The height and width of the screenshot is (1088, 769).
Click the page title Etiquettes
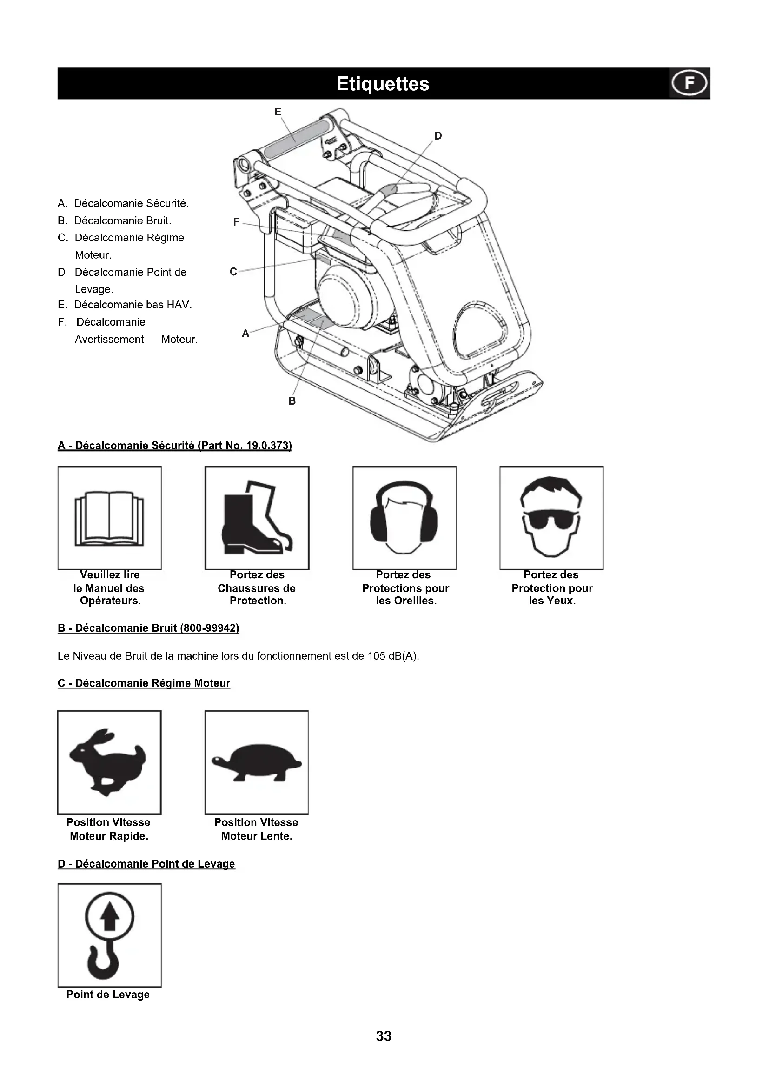383,84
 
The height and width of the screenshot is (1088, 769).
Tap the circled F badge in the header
689,83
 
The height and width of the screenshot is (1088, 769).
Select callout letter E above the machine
278,112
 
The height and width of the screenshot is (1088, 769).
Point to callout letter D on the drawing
438,136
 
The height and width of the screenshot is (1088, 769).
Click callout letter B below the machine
292,401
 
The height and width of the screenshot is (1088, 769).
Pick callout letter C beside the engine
233,272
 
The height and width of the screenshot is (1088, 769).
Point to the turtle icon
257,762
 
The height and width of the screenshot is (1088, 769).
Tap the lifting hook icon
109,935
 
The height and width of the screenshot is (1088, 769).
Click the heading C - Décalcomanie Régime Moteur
144,683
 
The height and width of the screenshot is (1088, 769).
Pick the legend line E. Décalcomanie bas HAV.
125,305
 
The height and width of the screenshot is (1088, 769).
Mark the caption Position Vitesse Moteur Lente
256,829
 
